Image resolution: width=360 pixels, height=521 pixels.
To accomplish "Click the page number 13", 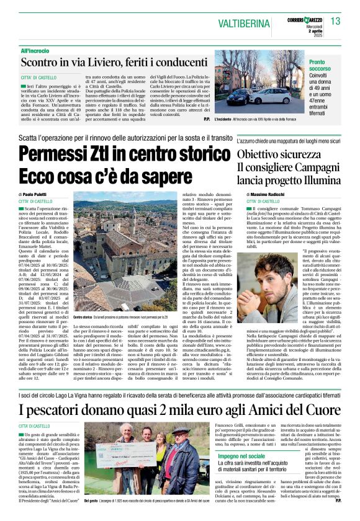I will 336,21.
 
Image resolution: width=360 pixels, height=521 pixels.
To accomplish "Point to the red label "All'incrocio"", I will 34,50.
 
